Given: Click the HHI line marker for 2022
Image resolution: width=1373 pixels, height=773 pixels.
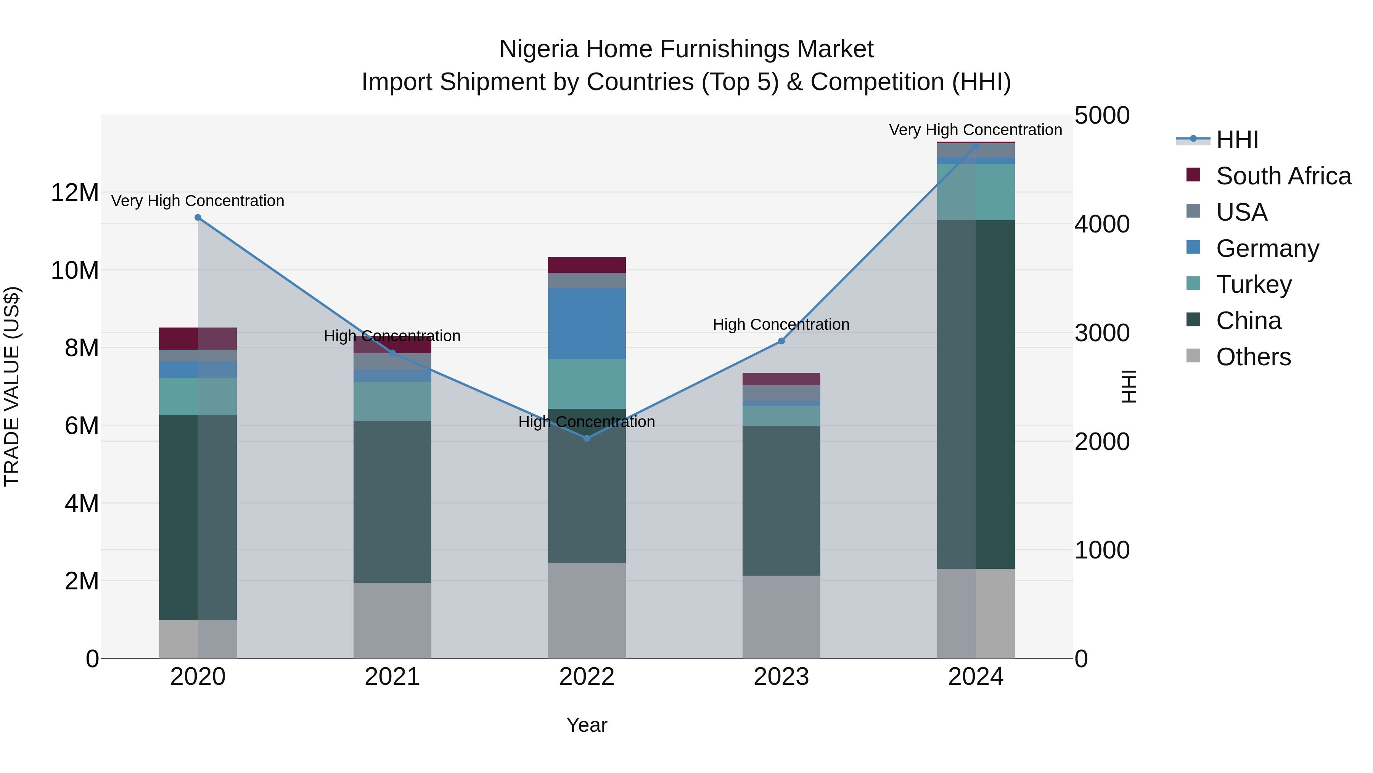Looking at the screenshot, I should (x=587, y=438).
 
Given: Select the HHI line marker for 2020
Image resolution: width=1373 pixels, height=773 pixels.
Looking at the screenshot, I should (x=198, y=217).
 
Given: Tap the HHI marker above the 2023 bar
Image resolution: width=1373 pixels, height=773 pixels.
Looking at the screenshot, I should (x=781, y=341).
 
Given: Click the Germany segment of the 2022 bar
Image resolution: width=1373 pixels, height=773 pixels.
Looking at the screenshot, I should (x=587, y=323).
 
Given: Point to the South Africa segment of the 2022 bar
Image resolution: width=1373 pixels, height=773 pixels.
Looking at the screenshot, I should (x=587, y=265).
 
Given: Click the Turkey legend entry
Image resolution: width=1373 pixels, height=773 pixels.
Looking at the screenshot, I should (x=1253, y=284).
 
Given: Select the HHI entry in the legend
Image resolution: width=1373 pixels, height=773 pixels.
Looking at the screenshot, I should (x=1236, y=140).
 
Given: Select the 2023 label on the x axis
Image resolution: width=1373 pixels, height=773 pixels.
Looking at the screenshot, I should (x=781, y=677).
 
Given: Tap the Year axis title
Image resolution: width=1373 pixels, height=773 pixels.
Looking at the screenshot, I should (x=587, y=725).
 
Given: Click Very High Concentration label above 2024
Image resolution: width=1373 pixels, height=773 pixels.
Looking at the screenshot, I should (x=975, y=130).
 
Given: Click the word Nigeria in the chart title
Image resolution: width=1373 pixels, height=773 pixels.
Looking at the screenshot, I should (x=538, y=49).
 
